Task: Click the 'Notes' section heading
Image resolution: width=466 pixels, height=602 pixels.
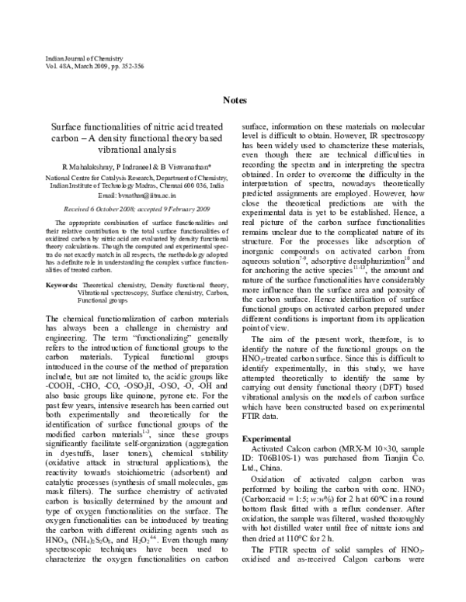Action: pyautogui.click(x=235, y=100)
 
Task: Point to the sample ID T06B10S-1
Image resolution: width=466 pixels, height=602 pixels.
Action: pyautogui.click(x=288, y=461)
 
